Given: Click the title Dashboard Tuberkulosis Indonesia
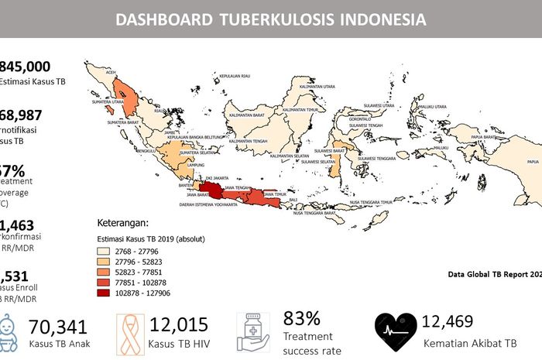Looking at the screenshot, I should click(x=270, y=19).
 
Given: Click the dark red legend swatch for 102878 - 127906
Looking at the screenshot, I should click(x=105, y=293).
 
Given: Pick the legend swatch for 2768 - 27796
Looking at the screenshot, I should click(x=105, y=252).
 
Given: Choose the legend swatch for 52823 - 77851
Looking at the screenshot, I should click(x=105, y=273).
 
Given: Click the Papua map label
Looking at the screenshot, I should click(x=532, y=162).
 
